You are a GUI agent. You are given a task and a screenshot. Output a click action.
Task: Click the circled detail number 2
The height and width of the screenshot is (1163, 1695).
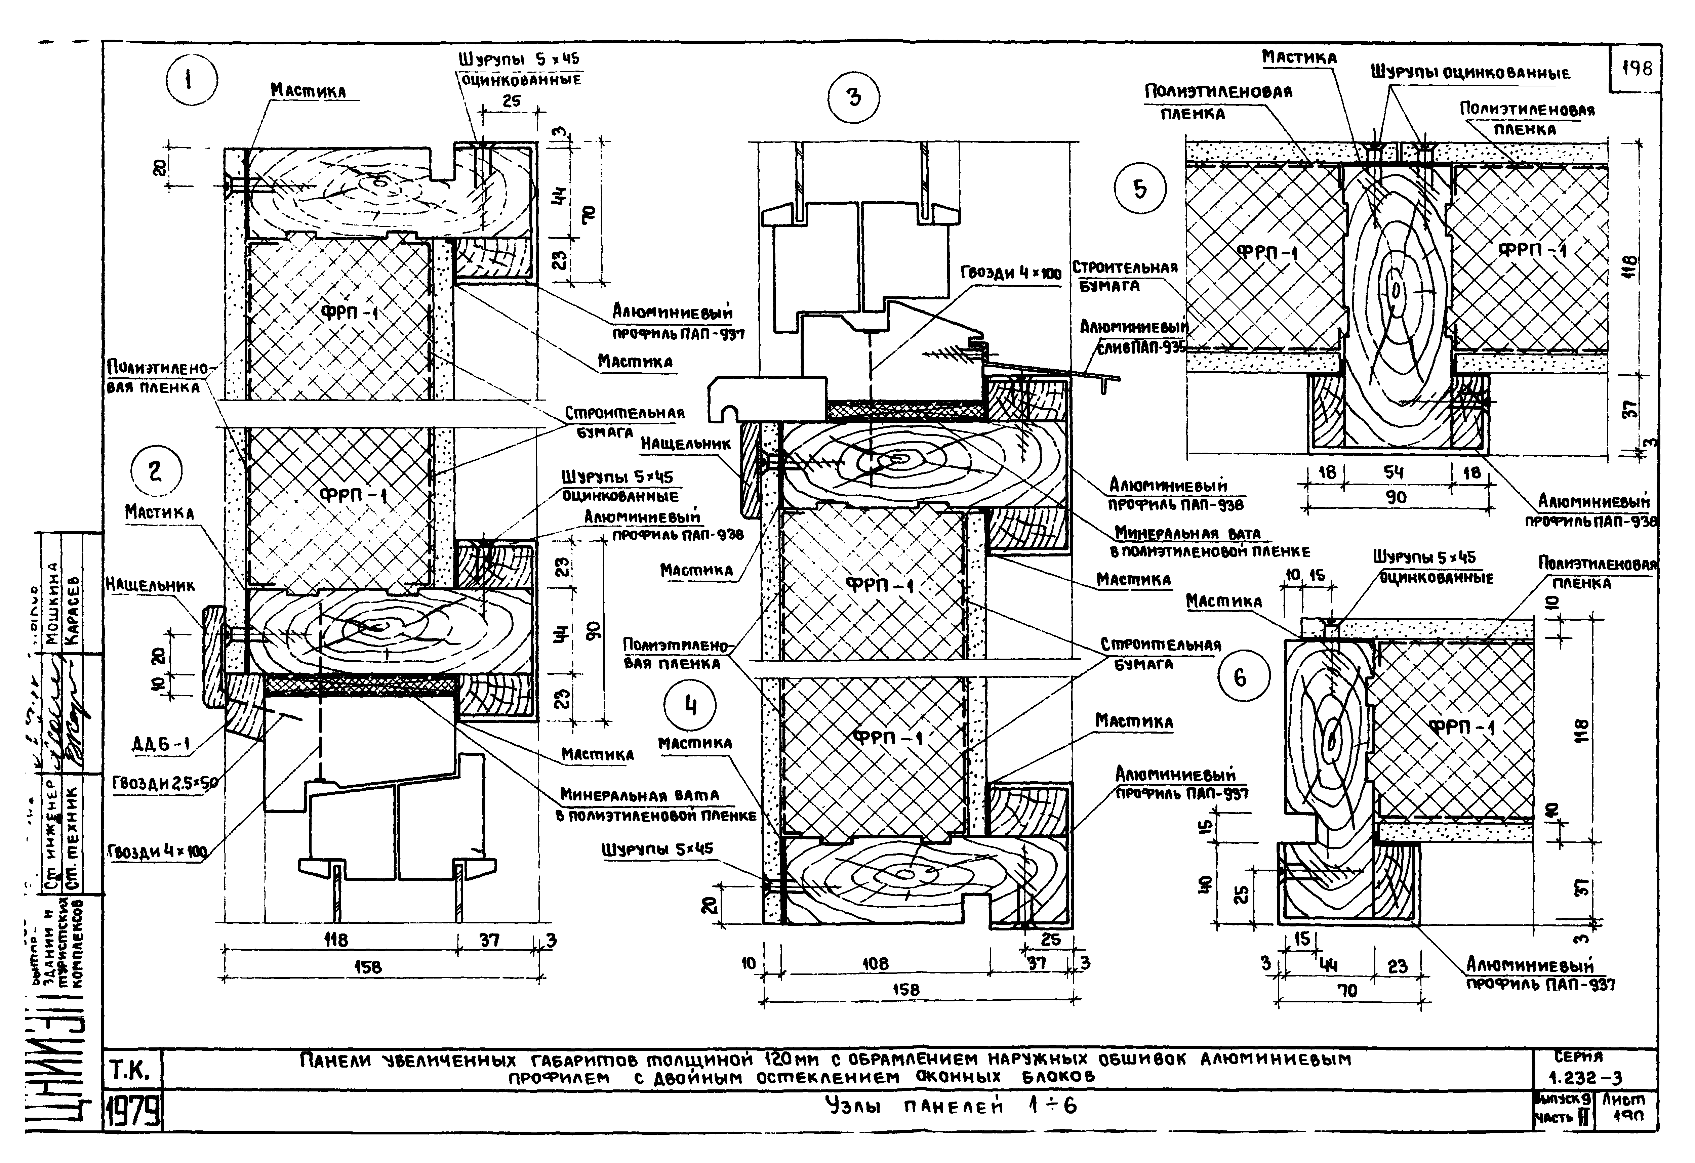pyautogui.click(x=155, y=472)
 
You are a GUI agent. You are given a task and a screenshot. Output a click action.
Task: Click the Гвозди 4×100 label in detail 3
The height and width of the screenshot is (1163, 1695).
pyautogui.click(x=1010, y=274)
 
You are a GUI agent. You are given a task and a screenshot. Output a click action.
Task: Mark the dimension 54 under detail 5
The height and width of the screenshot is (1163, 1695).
pyautogui.click(x=1394, y=472)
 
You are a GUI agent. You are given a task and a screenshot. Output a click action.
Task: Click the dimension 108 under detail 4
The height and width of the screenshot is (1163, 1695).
pyautogui.click(x=875, y=964)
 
